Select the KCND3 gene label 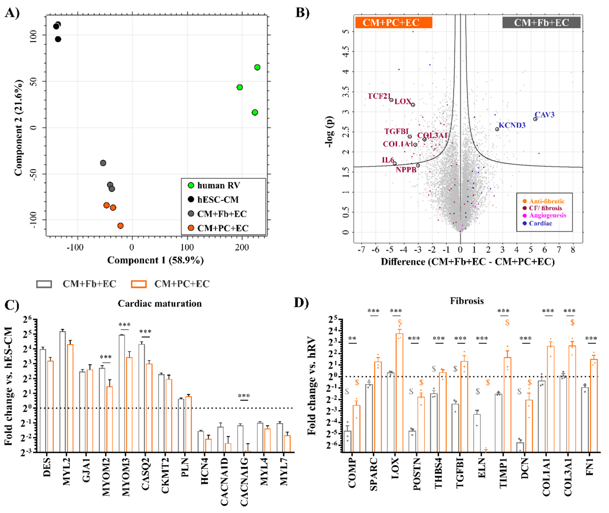512,125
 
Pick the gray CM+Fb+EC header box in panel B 541,22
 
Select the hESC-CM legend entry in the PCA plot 218,200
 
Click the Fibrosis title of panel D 467,301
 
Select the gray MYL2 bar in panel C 62,392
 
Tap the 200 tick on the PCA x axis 242,248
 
